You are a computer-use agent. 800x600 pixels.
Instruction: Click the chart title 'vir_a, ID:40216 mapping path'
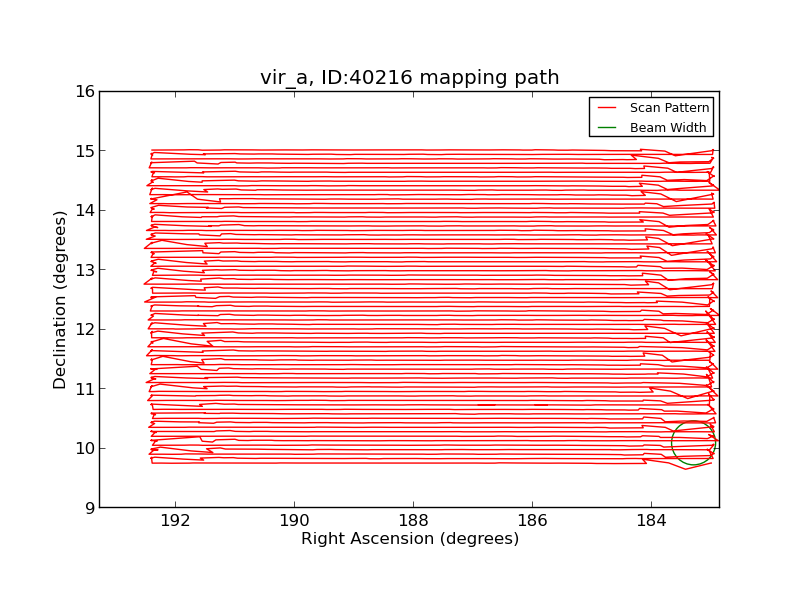click(x=409, y=78)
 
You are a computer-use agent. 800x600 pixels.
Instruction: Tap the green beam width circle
click(x=693, y=442)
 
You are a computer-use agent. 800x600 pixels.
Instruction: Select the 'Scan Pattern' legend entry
click(x=669, y=108)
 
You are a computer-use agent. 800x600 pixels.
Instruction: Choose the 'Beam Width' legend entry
click(x=668, y=128)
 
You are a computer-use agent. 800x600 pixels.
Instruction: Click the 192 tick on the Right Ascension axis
click(x=176, y=521)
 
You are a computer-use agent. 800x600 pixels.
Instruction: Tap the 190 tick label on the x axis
click(x=295, y=521)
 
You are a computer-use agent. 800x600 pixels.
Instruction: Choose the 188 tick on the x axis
click(x=413, y=521)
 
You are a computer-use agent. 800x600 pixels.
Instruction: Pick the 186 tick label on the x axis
click(x=532, y=521)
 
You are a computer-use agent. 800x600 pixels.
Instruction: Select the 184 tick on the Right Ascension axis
click(x=651, y=521)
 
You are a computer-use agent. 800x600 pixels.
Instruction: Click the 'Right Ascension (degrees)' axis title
click(x=410, y=539)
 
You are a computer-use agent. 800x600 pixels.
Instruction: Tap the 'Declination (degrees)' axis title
click(x=61, y=299)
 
